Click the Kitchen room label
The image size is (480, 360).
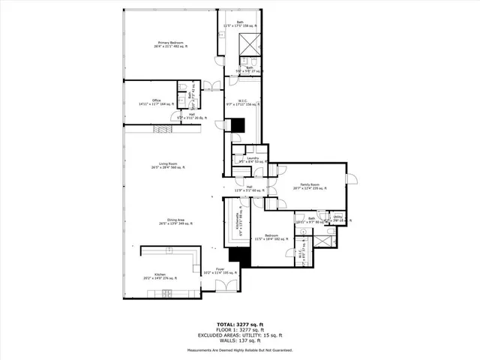pyautogui.click(x=160, y=276)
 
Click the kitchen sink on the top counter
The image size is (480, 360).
pyautogui.click(x=166, y=251)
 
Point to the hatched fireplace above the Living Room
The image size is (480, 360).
pyautogui.click(x=163, y=129)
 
